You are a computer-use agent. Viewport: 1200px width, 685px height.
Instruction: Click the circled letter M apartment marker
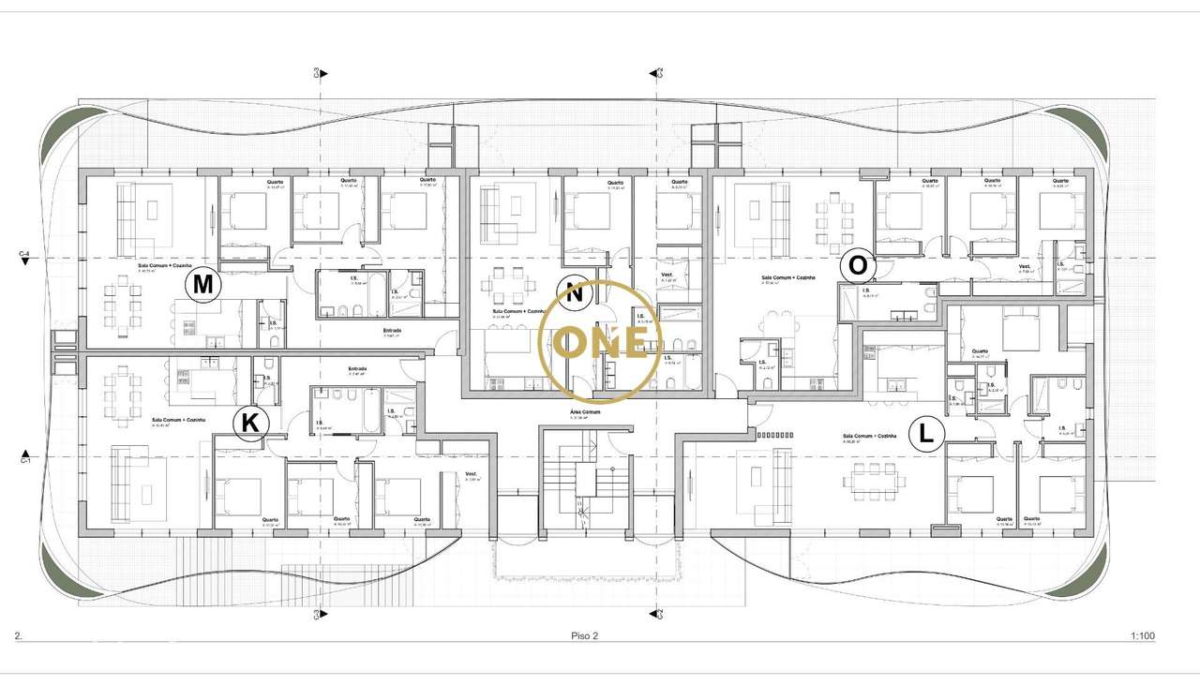click(x=203, y=285)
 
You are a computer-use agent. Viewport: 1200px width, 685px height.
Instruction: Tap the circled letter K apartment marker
click(x=250, y=424)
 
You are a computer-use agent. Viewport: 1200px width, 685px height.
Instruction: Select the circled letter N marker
click(x=576, y=292)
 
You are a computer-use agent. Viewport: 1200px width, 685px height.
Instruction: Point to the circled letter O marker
click(x=858, y=265)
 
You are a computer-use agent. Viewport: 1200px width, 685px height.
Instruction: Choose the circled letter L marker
click(x=926, y=434)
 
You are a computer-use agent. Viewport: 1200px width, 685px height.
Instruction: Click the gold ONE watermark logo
click(x=601, y=339)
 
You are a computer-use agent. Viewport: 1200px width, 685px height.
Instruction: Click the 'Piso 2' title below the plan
click(x=584, y=636)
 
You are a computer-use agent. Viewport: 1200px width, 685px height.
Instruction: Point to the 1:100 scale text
click(x=1142, y=636)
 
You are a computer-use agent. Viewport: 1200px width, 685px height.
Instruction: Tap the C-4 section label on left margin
click(x=25, y=254)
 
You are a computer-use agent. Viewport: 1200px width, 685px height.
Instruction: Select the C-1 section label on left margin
click(x=25, y=460)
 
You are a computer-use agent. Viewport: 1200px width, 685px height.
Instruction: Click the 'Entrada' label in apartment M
click(x=393, y=331)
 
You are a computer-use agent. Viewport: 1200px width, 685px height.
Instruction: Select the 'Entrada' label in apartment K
click(x=357, y=368)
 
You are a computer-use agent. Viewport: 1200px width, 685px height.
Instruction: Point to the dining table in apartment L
click(x=874, y=480)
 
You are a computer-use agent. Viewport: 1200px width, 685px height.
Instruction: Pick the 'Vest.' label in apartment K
click(x=472, y=474)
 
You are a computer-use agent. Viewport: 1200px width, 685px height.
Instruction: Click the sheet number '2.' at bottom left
click(x=18, y=636)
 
